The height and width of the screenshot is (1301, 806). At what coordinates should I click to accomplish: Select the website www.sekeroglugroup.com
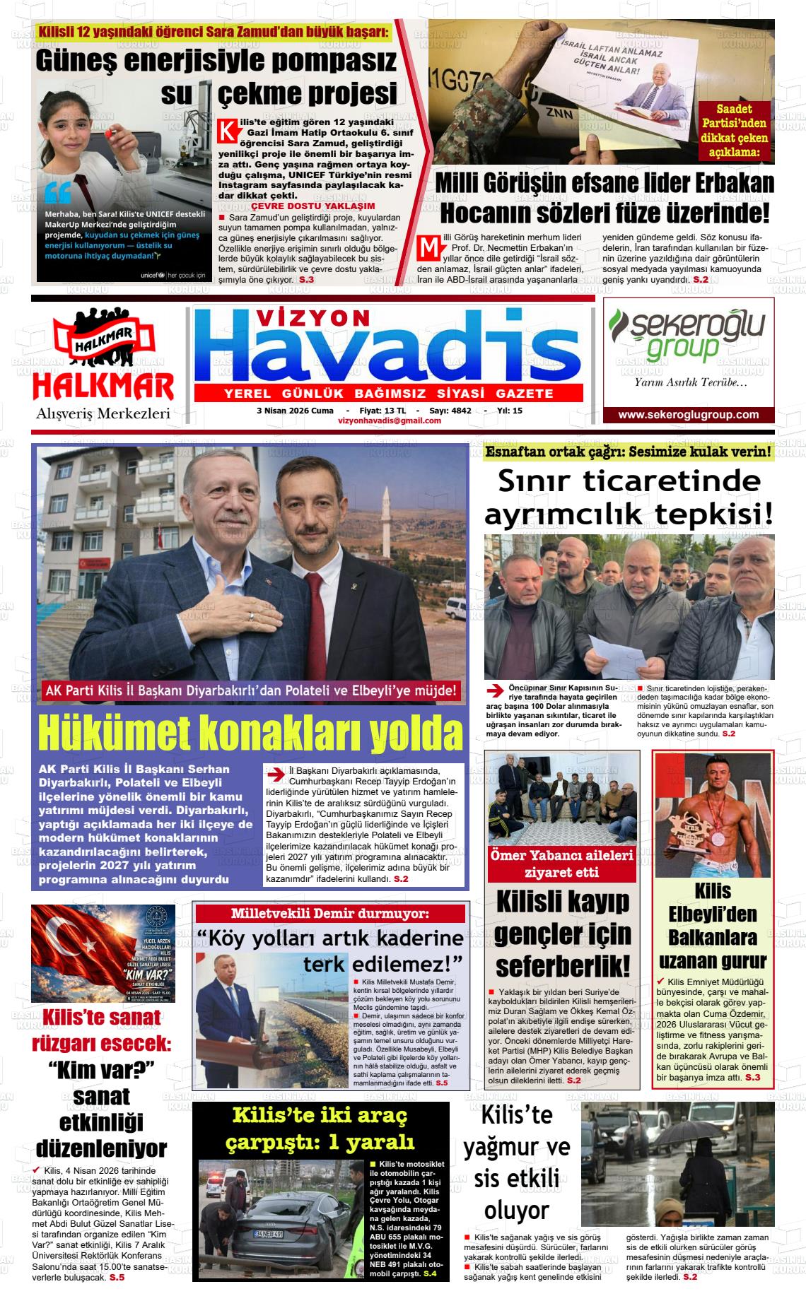pos(688,415)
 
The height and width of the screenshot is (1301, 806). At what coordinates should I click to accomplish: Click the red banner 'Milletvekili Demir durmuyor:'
pos(330,914)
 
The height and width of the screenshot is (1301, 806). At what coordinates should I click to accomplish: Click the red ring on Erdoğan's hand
pos(250,617)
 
